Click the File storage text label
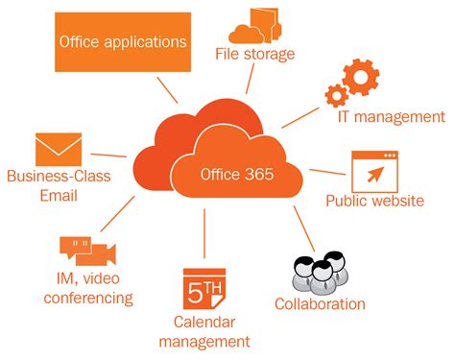tap(253, 54)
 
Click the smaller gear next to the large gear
tap(336, 95)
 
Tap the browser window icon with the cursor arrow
tap(374, 171)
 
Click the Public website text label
tap(374, 202)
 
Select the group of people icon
tap(318, 272)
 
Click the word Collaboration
tap(320, 304)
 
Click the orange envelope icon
tap(58, 149)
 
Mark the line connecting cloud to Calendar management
tap(204, 235)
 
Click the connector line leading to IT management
tap(299, 116)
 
